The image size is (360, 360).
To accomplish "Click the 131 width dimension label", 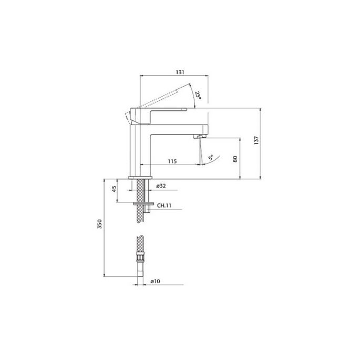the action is click(x=180, y=72).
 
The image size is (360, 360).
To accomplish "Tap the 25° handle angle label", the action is click(x=198, y=95).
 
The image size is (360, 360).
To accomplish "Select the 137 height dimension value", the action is click(x=256, y=140).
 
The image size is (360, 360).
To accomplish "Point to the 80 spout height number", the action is click(x=235, y=159).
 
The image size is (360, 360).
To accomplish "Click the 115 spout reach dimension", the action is click(x=172, y=161).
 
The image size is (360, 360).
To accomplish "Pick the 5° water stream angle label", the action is click(x=211, y=158).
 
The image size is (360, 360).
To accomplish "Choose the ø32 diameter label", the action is click(x=161, y=186).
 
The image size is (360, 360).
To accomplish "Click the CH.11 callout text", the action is click(x=164, y=205).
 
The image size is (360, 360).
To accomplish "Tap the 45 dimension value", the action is click(x=114, y=189).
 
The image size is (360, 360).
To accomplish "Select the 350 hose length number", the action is click(x=99, y=224).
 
